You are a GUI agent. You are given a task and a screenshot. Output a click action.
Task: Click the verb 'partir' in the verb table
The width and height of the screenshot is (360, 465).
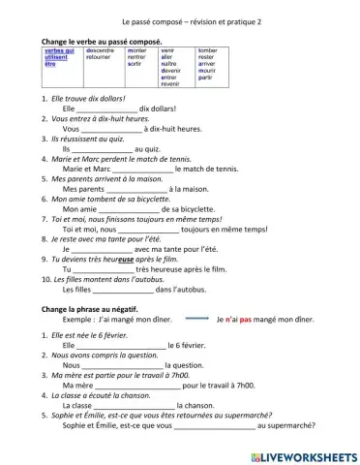click(206, 78)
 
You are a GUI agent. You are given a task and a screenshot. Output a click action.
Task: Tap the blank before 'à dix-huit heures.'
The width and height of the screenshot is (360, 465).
click(111, 129)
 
